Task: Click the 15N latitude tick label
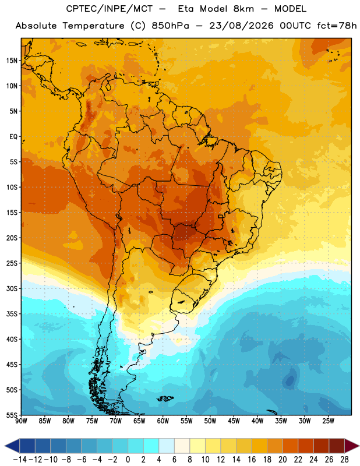point(12,61)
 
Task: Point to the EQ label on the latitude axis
point(13,137)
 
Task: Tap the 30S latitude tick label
point(12,288)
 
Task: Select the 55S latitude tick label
point(12,415)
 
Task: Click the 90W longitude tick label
point(21,421)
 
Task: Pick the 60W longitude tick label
point(163,421)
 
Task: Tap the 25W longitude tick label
point(328,421)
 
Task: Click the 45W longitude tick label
point(234,421)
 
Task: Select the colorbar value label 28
point(344,460)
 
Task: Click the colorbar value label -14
point(20,460)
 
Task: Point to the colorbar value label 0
point(128,460)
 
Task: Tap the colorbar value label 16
point(252,460)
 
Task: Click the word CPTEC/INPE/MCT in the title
point(110,9)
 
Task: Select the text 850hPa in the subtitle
point(170,26)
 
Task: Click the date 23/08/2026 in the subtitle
point(241,26)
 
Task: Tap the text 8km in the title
point(243,9)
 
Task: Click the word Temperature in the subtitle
point(93,26)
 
